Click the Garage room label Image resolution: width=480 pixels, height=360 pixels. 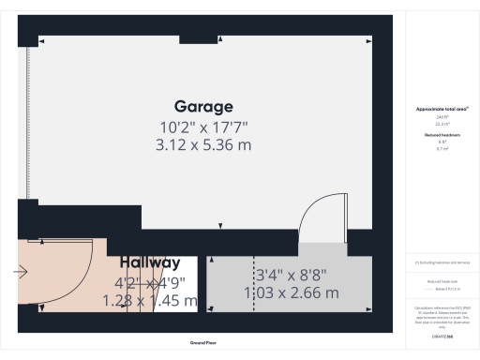coord(203,106)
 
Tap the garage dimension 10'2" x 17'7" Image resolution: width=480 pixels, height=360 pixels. coord(203,127)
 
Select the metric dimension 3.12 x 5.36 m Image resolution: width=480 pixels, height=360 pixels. coord(203,144)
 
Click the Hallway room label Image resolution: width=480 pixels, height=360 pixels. coord(150,262)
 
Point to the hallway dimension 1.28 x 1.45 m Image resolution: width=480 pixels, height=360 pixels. coord(156,300)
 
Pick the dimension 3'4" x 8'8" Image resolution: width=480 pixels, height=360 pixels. coord(291,276)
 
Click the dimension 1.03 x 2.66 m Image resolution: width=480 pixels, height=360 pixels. coord(291,293)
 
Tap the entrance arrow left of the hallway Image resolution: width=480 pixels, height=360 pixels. coord(21,272)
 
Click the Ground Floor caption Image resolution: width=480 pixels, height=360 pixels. coord(203,343)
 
